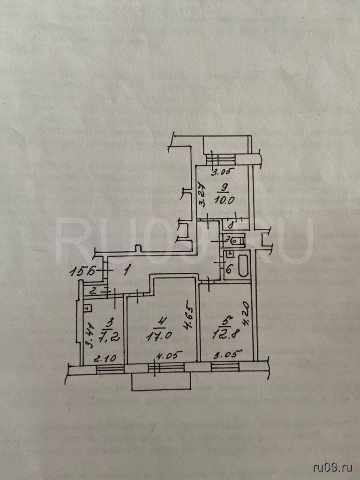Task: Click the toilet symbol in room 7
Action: tap(237, 240)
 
